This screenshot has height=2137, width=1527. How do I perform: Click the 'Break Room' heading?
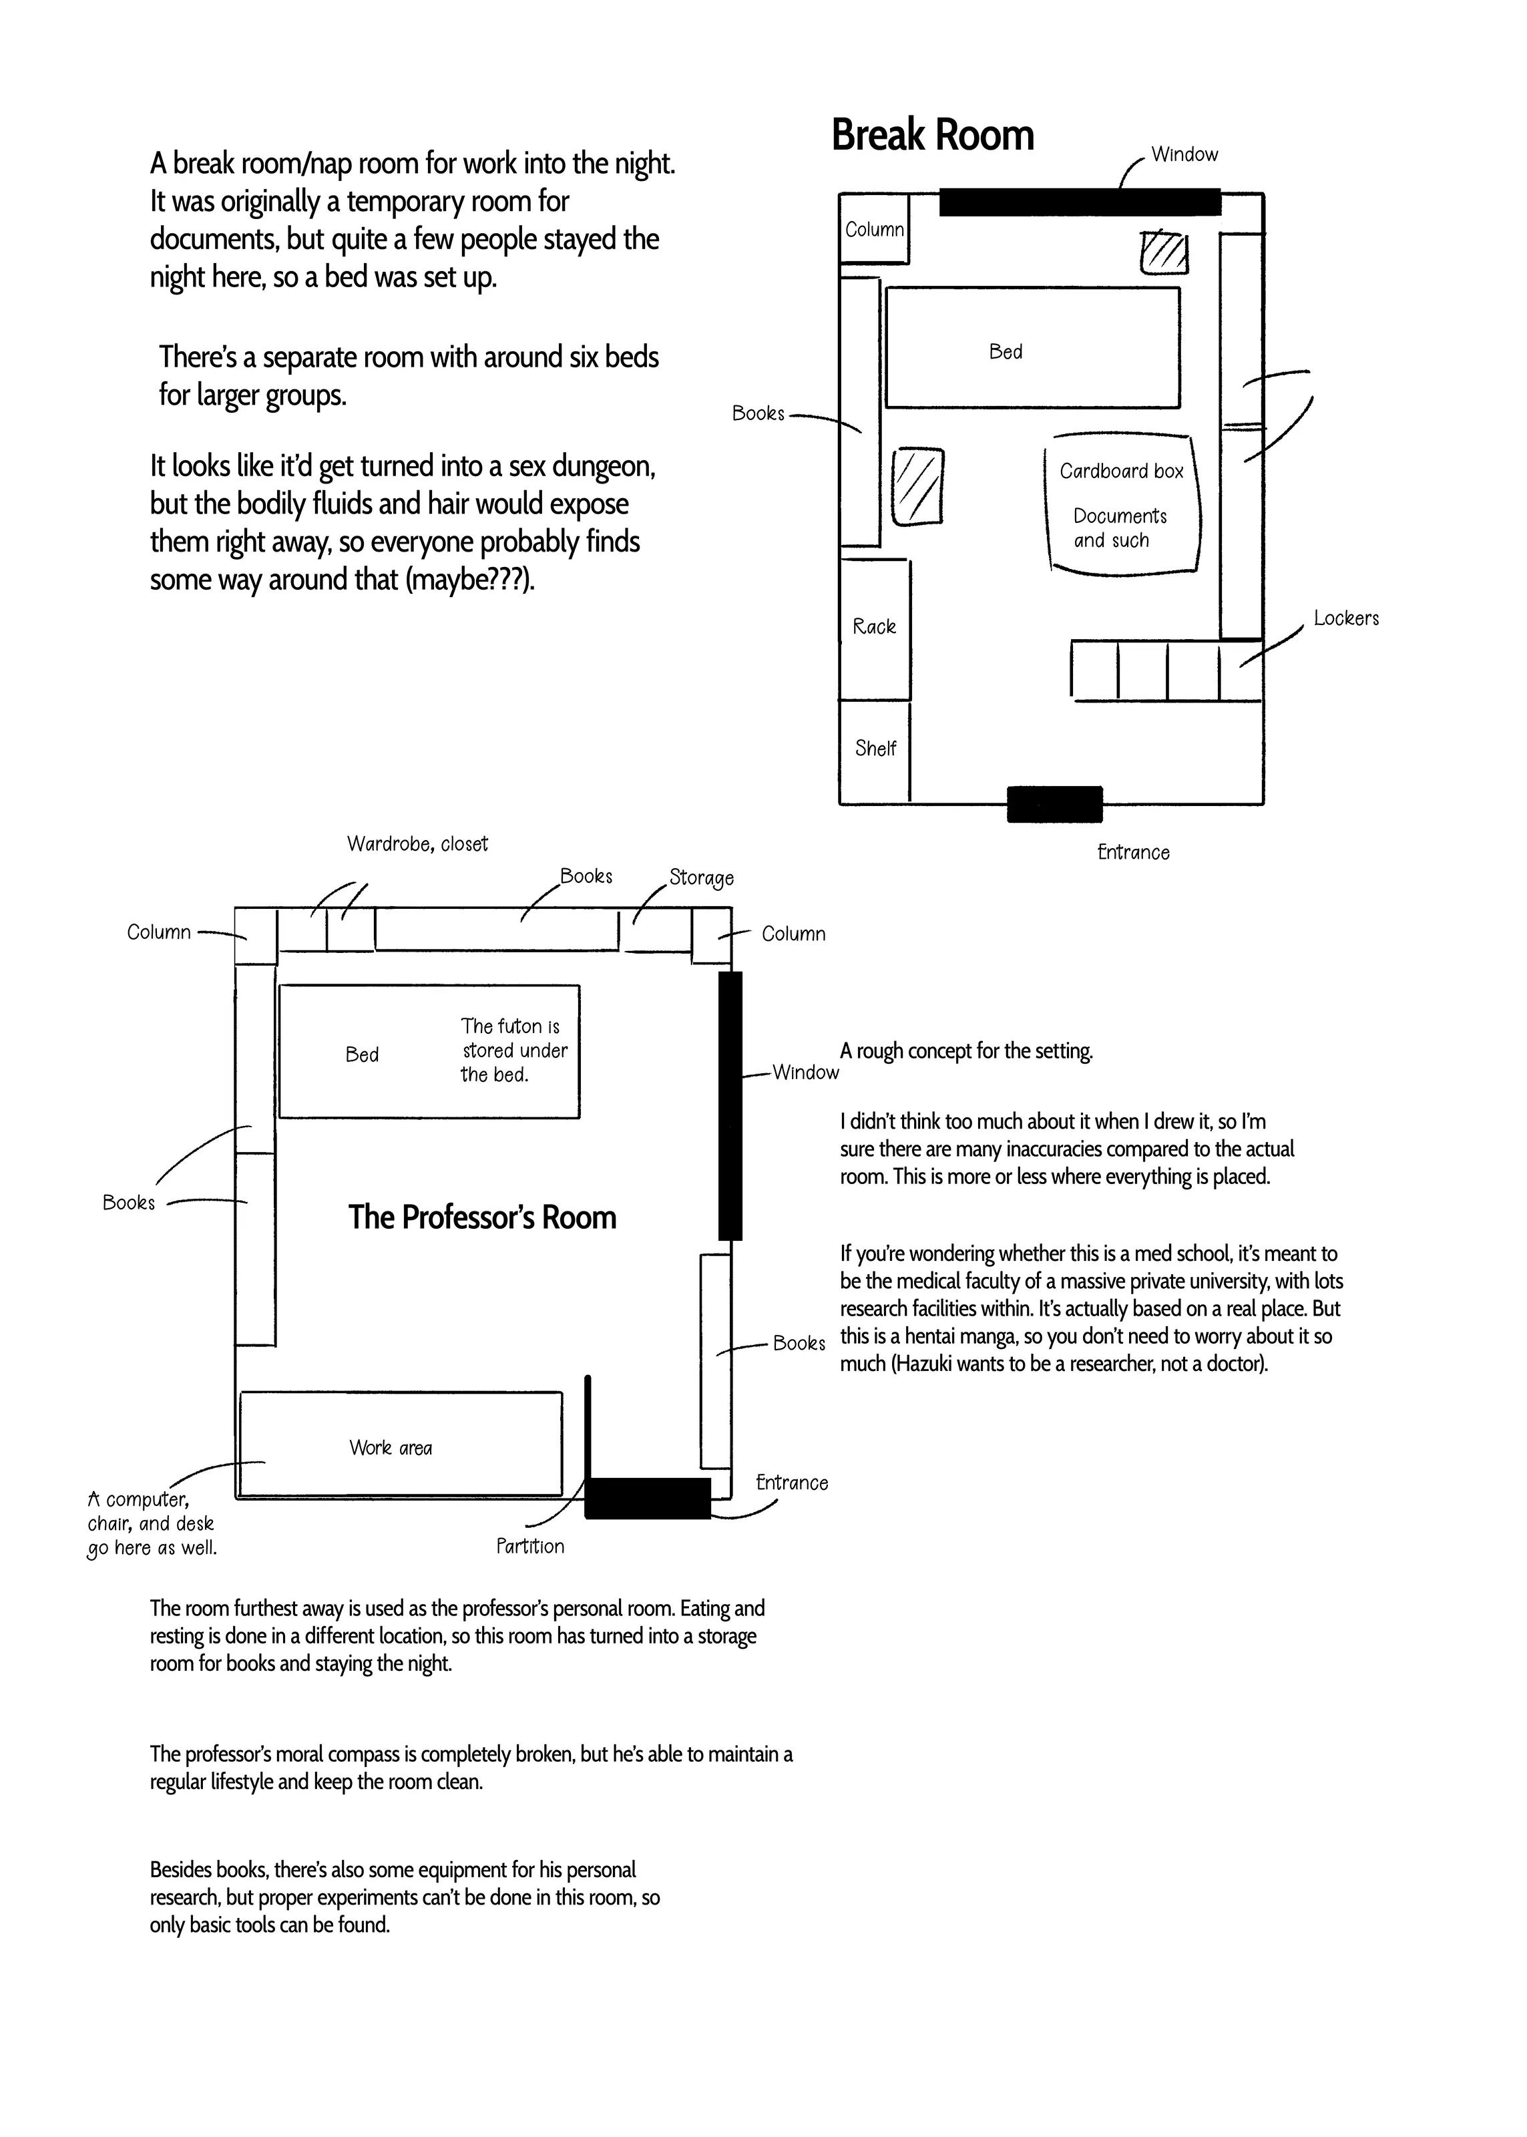click(x=932, y=136)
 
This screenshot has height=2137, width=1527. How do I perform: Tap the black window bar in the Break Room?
click(x=1080, y=201)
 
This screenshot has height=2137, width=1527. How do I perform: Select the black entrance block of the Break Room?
click(x=1054, y=804)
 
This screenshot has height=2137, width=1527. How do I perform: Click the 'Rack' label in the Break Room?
click(x=873, y=627)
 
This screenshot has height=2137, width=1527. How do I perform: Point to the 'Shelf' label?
click(x=875, y=749)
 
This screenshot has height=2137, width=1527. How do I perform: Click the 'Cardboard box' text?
click(x=1121, y=471)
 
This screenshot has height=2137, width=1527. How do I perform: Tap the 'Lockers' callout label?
click(x=1345, y=618)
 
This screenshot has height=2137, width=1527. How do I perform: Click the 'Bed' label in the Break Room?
click(x=1005, y=352)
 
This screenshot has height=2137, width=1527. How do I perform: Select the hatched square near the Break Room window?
click(x=1164, y=252)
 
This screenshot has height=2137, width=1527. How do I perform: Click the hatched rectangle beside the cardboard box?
click(x=917, y=486)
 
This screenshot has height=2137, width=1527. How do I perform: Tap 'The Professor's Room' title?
click(x=482, y=1217)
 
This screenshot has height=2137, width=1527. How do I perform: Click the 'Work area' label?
click(x=390, y=1448)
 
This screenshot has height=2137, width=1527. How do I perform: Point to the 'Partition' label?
click(x=530, y=1547)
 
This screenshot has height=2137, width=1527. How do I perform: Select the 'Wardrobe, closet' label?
click(x=417, y=844)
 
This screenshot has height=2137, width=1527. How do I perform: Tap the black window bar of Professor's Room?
click(x=730, y=1106)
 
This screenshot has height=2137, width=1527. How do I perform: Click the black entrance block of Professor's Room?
click(x=647, y=1498)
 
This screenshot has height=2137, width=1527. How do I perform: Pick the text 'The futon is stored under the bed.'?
click(x=513, y=1050)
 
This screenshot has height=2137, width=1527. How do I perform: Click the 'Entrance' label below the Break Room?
click(x=1133, y=853)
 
